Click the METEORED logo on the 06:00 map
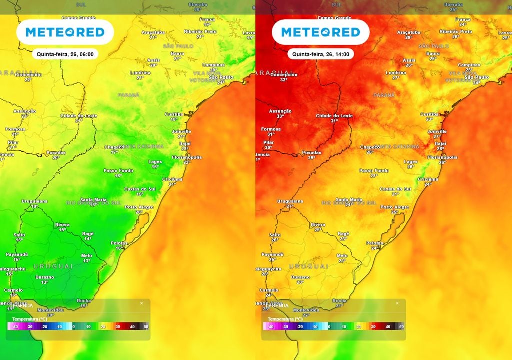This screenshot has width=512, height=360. pyautogui.click(x=65, y=32)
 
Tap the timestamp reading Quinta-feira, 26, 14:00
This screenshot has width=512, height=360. pyautogui.click(x=320, y=54)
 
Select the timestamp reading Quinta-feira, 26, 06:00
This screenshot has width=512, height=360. pyautogui.click(x=65, y=54)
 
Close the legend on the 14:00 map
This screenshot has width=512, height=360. pyautogui.click(x=397, y=303)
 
